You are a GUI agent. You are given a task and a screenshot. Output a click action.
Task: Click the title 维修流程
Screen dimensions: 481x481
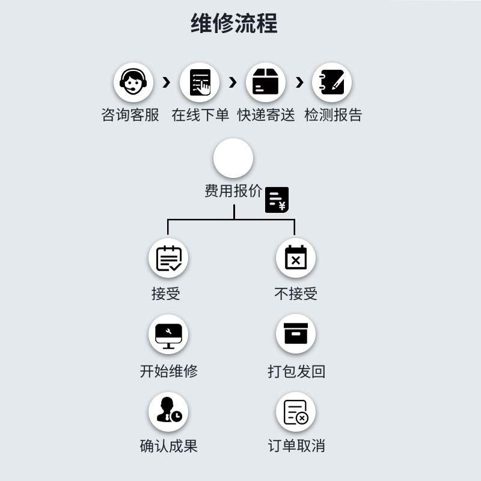[234, 24]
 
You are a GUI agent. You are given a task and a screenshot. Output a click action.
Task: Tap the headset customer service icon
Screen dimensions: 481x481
[133, 82]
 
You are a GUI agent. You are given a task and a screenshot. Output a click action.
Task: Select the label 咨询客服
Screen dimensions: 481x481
[130, 115]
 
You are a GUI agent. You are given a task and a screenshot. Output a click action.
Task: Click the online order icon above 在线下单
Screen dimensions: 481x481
[200, 82]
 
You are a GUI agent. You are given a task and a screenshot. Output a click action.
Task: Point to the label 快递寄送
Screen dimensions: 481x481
[266, 115]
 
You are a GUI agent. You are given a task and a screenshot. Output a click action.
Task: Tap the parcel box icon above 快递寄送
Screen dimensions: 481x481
[266, 82]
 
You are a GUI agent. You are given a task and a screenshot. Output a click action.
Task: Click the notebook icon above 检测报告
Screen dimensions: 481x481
[332, 82]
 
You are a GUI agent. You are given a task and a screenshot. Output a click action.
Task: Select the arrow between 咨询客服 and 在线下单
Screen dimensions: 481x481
[167, 82]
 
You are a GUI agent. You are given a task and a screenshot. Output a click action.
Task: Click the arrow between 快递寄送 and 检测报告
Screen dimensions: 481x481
[299, 82]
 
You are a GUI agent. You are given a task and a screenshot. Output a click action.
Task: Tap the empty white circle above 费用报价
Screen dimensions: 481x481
[233, 158]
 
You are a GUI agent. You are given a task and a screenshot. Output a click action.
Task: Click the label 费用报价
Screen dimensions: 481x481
[233, 191]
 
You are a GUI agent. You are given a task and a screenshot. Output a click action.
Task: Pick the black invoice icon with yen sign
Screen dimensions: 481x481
[277, 200]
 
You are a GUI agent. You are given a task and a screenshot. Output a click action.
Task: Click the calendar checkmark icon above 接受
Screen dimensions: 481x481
[168, 258]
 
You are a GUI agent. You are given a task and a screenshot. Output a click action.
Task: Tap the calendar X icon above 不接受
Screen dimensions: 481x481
[296, 258]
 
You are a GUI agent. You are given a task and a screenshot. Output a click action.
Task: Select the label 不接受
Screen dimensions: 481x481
[296, 293]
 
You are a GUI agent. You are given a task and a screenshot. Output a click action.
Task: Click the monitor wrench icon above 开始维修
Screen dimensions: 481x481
[168, 335]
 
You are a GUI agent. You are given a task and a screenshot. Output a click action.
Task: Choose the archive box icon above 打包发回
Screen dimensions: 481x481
[296, 334]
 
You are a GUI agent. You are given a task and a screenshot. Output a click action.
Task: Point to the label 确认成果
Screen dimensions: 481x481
[168, 446]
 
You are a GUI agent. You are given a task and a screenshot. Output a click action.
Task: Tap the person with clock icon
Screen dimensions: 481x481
[168, 412]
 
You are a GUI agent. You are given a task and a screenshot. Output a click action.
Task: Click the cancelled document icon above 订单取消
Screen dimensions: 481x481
[296, 412]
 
